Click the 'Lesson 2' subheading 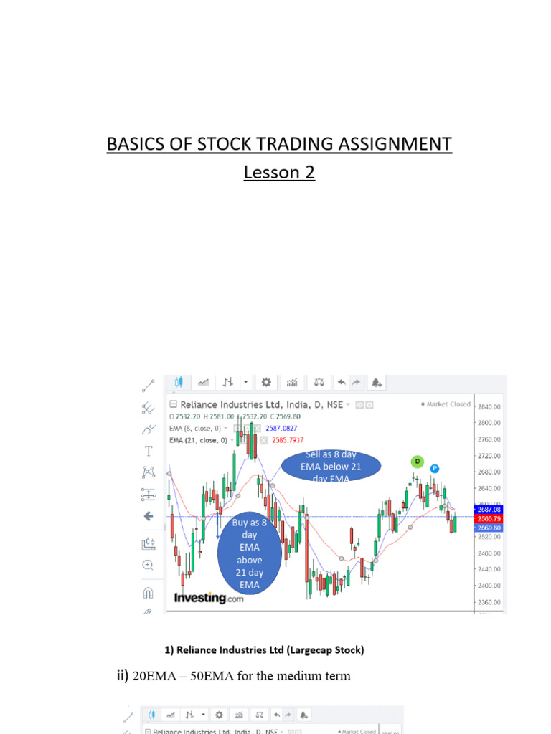[x=279, y=173]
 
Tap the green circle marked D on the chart [x=417, y=461]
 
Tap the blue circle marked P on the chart [x=434, y=469]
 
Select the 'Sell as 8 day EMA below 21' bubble [x=331, y=466]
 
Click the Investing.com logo [x=209, y=598]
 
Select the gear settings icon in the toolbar [x=266, y=382]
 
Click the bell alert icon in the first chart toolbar [x=377, y=382]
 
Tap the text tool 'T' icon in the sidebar [x=149, y=451]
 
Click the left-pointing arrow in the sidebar [x=149, y=516]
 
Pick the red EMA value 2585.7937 [x=287, y=440]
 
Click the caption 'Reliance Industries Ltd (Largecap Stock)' [x=264, y=650]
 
